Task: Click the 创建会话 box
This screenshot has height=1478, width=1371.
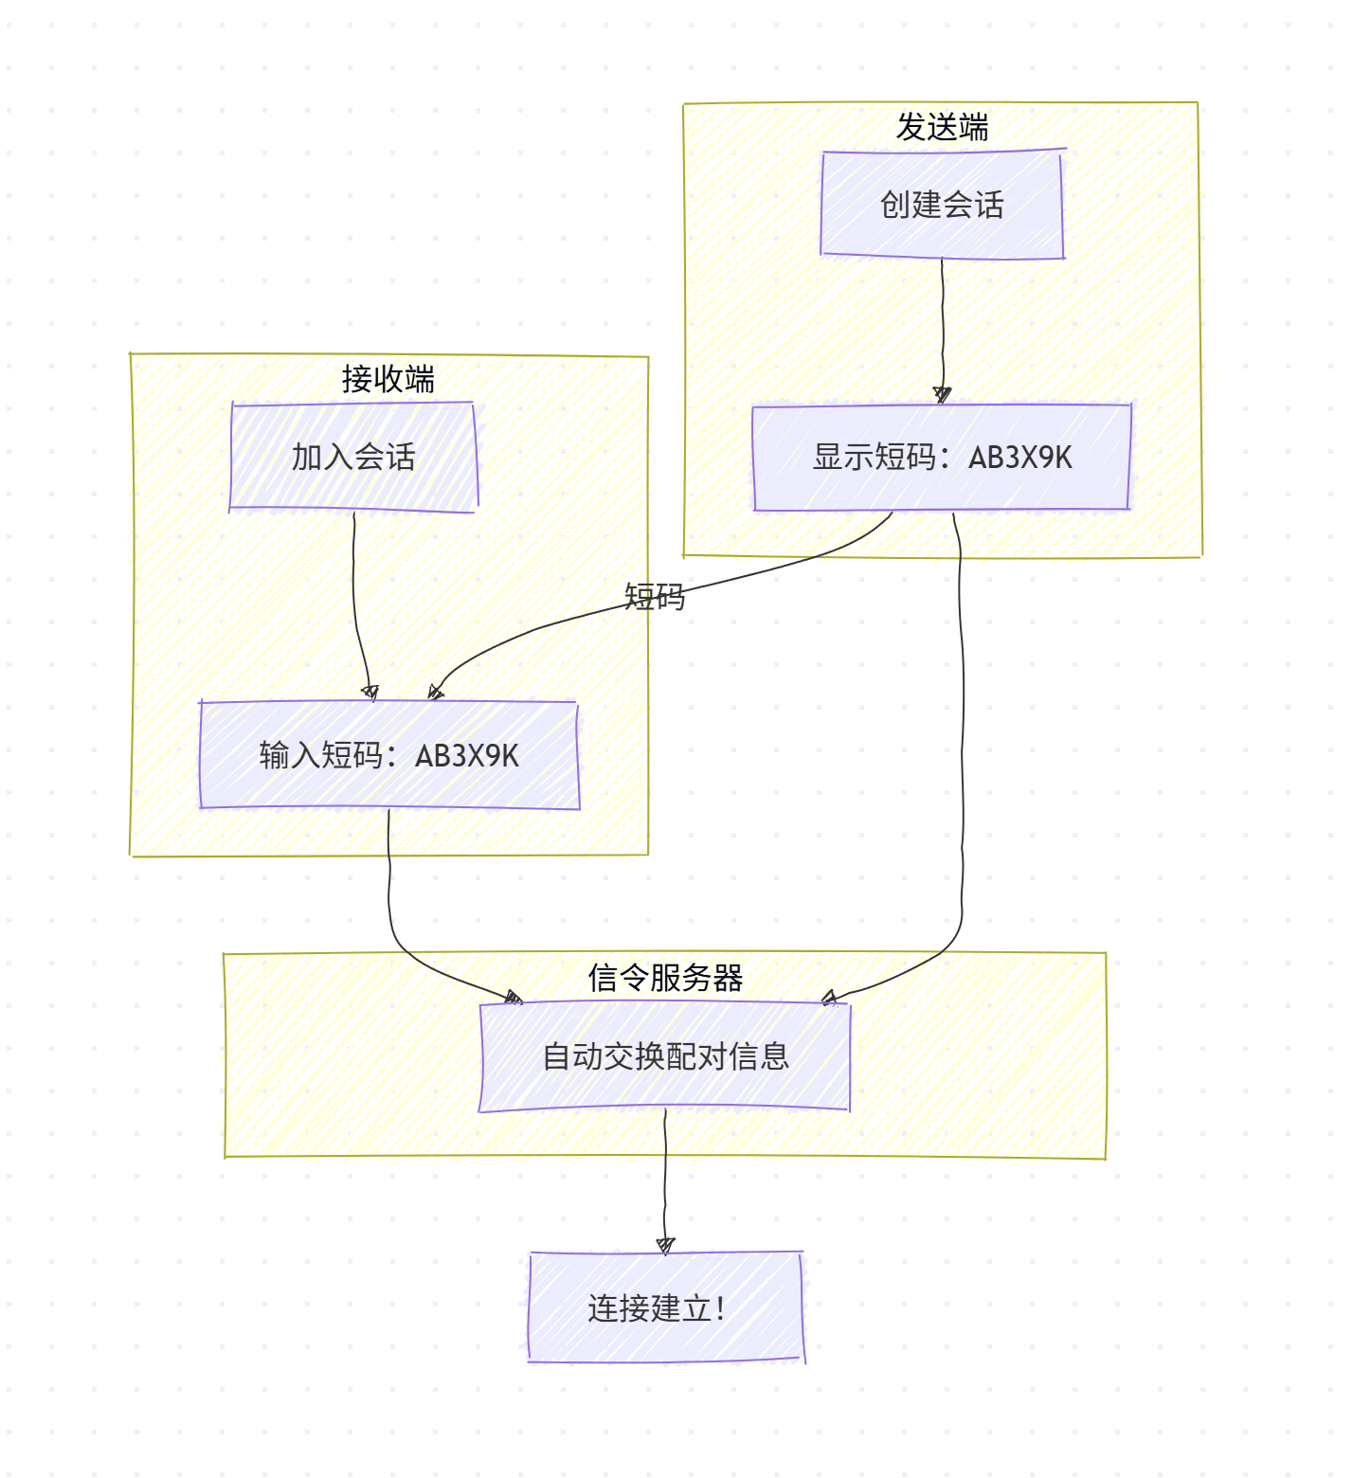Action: coord(942,204)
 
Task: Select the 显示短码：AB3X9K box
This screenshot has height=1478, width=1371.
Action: coord(942,458)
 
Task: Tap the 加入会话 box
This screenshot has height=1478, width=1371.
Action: coord(353,458)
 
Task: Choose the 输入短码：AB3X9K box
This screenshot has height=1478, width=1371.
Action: coord(388,755)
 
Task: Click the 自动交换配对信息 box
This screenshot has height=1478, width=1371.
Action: coord(665,1056)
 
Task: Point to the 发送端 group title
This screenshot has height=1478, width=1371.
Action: coord(942,127)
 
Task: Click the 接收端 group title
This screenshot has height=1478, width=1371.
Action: coord(388,379)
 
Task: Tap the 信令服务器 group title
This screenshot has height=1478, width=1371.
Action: coord(665,978)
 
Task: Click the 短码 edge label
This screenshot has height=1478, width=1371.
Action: coord(654,597)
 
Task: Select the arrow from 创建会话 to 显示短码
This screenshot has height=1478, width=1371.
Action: coord(943,322)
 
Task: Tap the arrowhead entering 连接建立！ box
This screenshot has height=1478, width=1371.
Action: coord(665,1245)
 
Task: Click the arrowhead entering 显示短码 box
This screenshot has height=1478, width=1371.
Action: coord(942,395)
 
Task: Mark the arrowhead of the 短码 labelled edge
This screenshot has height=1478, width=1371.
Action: coord(435,693)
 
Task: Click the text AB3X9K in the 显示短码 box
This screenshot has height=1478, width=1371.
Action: coord(1019,458)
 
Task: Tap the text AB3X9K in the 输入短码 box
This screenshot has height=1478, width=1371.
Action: coord(467,755)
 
